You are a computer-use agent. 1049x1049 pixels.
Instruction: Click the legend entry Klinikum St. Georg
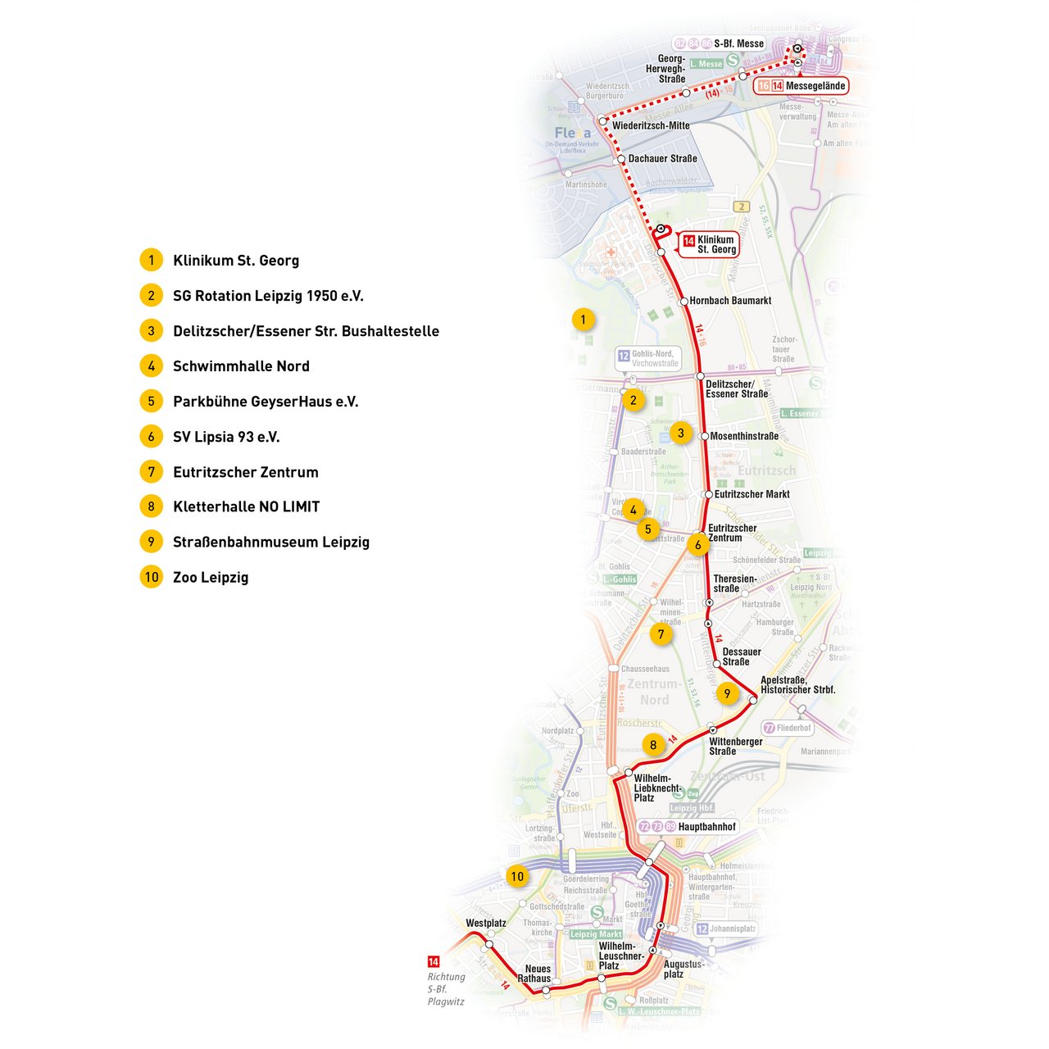(x=236, y=261)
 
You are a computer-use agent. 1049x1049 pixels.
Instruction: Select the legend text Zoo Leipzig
(x=211, y=577)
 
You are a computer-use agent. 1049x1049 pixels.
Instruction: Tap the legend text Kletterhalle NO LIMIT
(x=246, y=506)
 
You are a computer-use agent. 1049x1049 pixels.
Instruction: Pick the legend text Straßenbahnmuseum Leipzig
(x=271, y=542)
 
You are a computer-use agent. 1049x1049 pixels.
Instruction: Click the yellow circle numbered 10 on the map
(x=517, y=876)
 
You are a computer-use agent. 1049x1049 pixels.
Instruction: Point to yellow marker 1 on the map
(x=583, y=319)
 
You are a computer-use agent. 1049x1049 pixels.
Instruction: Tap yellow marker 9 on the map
(x=726, y=693)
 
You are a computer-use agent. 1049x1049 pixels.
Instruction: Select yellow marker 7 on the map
(x=661, y=633)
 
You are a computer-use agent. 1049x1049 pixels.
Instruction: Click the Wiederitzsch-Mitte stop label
(x=651, y=125)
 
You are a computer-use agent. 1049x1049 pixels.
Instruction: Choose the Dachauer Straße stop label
(x=662, y=158)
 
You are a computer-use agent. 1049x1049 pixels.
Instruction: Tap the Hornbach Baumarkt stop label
(x=730, y=301)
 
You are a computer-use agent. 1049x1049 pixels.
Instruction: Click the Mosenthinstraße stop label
(x=744, y=436)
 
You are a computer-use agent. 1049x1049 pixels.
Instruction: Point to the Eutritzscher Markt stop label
(x=752, y=494)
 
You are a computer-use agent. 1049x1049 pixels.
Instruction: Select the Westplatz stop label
(x=486, y=923)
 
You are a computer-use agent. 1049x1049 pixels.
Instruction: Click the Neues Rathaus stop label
(x=538, y=974)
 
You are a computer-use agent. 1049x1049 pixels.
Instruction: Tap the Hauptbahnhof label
(x=706, y=827)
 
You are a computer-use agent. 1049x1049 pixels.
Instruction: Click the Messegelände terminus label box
(x=800, y=85)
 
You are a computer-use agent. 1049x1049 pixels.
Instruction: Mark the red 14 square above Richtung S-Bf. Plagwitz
(x=434, y=961)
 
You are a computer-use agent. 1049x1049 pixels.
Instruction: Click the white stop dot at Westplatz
(x=488, y=944)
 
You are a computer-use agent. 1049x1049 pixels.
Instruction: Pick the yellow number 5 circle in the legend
(x=151, y=402)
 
